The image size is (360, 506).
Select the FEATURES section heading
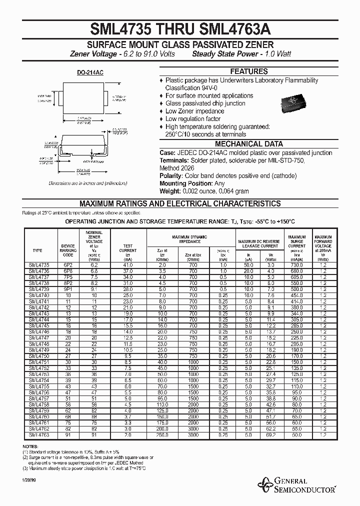248,71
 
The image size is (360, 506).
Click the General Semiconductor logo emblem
264,483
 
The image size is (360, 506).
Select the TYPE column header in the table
37,250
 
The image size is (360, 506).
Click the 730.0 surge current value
296,264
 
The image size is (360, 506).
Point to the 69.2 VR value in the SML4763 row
270,435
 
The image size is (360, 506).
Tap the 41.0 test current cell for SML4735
127,264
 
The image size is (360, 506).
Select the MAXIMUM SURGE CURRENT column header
296,241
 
